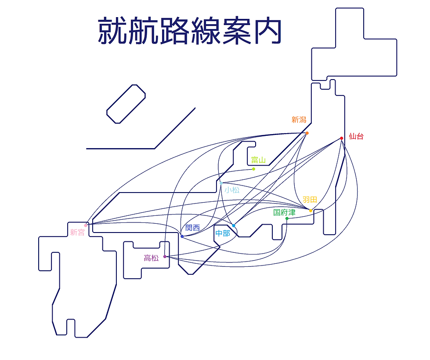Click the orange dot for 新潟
click(x=307, y=133)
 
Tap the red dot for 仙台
click(x=341, y=138)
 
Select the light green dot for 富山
click(x=254, y=169)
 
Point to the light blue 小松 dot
click(x=221, y=183)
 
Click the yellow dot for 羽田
click(x=311, y=211)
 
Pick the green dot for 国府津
click(x=287, y=219)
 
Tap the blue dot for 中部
click(x=234, y=226)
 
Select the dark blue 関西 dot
click(x=182, y=236)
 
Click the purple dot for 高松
click(x=165, y=257)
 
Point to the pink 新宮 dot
click(x=86, y=225)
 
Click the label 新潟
click(x=299, y=120)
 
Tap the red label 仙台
click(x=356, y=136)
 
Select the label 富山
click(x=259, y=160)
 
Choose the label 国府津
click(x=284, y=212)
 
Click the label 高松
click(x=152, y=258)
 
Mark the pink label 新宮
click(x=77, y=233)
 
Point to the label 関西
click(x=193, y=227)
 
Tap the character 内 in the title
click(x=268, y=31)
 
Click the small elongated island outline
click(x=126, y=104)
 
